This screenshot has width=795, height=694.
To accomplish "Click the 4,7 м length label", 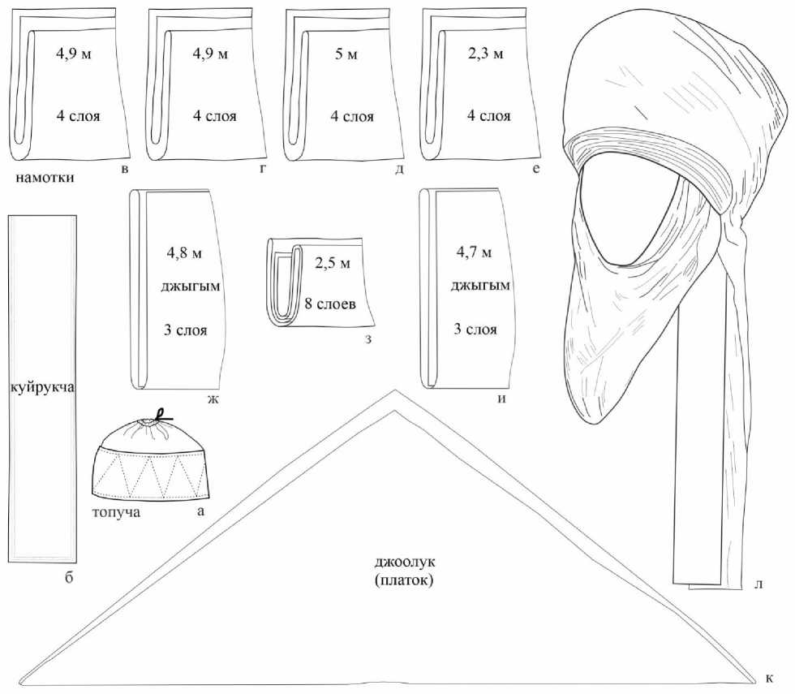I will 475,253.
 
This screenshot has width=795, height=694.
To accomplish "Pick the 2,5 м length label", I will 333,264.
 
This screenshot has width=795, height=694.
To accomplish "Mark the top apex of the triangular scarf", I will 397,393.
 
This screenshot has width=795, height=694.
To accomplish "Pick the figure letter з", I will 367,339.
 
